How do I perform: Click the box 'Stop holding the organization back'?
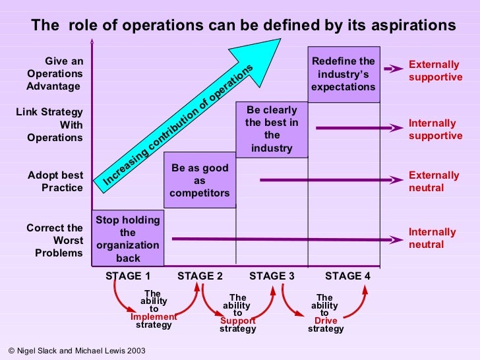(127, 238)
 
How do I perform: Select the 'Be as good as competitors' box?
(200, 180)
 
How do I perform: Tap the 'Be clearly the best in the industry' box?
(272, 129)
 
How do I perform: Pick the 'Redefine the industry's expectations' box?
(344, 74)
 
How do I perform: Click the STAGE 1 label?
(128, 276)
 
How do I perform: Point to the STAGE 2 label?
(200, 276)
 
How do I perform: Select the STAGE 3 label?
(272, 276)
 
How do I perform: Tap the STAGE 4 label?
(347, 276)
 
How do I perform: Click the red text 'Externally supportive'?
(435, 71)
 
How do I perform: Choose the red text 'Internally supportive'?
(435, 129)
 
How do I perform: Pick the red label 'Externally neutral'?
(434, 181)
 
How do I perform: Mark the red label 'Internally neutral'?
(433, 238)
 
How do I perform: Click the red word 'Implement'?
(154, 316)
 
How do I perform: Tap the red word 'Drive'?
(326, 321)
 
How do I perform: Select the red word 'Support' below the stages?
(237, 321)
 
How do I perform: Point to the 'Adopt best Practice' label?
(55, 181)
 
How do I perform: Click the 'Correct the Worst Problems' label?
(55, 240)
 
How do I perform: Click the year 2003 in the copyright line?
(135, 351)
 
